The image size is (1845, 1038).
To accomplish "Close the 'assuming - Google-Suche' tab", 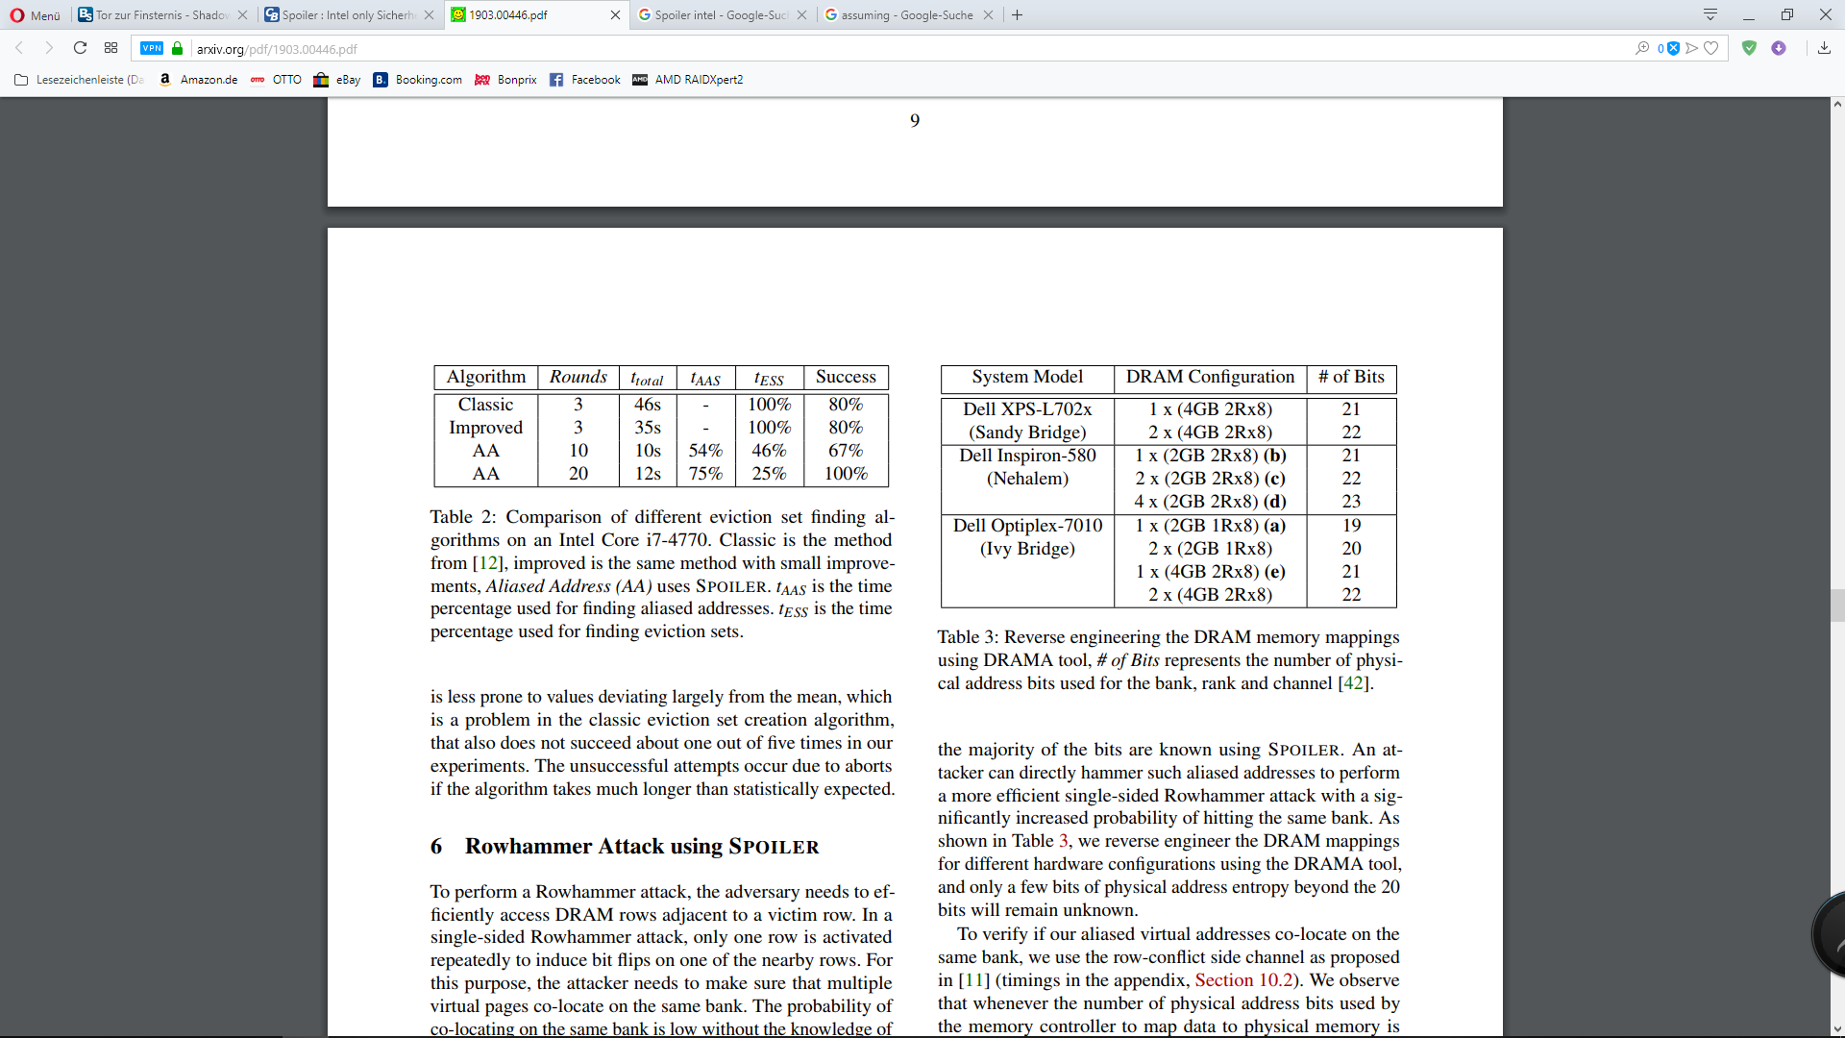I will click(988, 15).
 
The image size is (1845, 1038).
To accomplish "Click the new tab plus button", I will click(1018, 15).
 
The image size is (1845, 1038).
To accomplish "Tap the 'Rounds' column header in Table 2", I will click(578, 377).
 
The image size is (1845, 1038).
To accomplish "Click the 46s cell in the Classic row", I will click(647, 405).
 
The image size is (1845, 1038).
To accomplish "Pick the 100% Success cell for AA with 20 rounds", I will click(846, 474).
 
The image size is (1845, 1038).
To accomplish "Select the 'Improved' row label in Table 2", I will click(485, 428).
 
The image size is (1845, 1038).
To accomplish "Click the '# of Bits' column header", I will click(1351, 377).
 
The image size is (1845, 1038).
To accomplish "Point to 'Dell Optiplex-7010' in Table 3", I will click(1027, 526).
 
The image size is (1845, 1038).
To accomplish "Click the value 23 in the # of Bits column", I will click(1351, 502).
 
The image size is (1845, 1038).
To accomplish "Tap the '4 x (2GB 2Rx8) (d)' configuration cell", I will click(1210, 502).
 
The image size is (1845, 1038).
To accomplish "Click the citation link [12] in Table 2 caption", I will click(488, 563).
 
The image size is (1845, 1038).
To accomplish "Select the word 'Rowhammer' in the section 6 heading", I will click(529, 847).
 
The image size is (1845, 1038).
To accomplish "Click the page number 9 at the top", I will click(915, 120).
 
